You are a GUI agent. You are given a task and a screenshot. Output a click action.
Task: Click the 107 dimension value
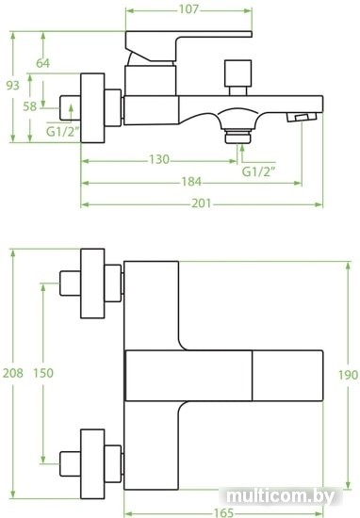pos(188,9)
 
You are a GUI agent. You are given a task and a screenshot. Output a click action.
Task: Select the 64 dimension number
pos(43,63)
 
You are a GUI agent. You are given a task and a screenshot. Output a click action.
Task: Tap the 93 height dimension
pos(13,85)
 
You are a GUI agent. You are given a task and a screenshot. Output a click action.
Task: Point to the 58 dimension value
pos(30,106)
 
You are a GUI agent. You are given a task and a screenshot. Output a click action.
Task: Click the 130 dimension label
pos(159,159)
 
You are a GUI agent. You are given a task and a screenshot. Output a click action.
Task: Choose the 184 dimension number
pos(191,182)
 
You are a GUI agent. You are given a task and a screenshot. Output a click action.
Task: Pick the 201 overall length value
pos(202,203)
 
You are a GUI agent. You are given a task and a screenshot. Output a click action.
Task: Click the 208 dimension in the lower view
pos(13,373)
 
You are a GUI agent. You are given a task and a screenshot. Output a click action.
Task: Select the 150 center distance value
pos(43,373)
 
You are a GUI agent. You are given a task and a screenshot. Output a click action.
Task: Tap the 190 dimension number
pos(348,375)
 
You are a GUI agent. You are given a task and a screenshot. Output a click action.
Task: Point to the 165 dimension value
pos(223,512)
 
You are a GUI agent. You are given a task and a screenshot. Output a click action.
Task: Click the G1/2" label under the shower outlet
pos(259,171)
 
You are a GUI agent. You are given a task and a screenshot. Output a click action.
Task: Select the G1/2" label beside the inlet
pos(62,132)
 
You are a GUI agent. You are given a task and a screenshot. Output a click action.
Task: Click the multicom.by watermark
pos(281,496)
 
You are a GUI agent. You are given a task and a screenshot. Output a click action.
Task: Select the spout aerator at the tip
pos(302,117)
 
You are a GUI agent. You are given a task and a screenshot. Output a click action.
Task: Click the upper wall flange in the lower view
pos(92,283)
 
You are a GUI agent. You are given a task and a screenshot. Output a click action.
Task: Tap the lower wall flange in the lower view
pos(92,464)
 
